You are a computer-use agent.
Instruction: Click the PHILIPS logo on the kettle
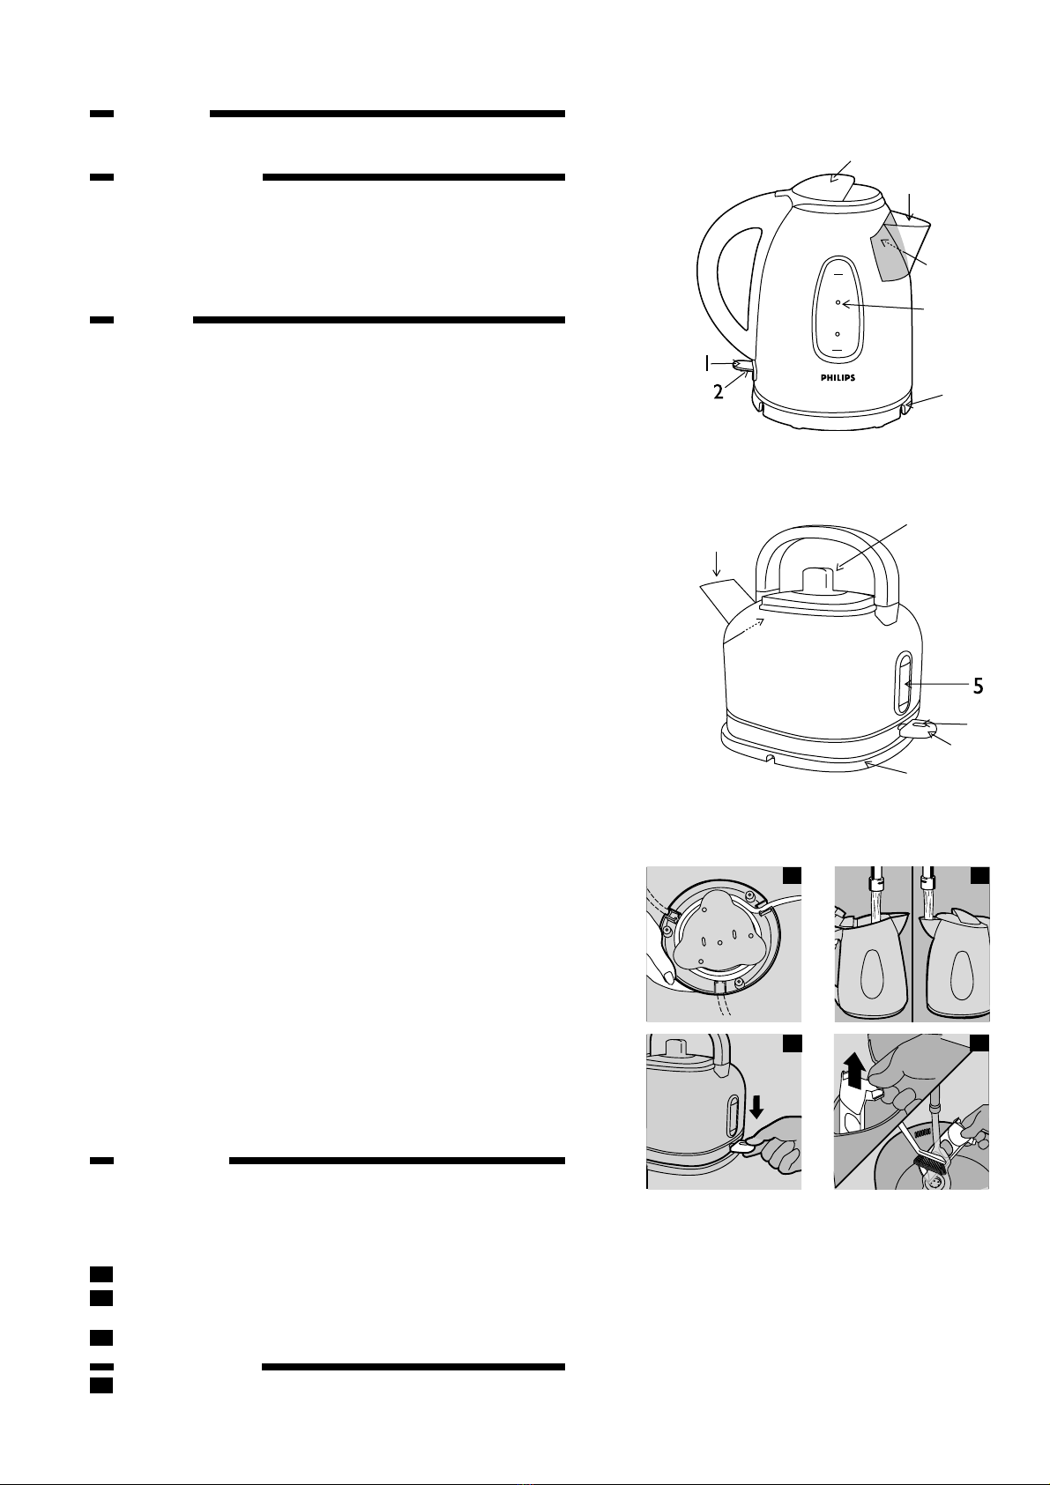click(x=838, y=378)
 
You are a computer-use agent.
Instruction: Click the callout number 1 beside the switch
click(x=708, y=362)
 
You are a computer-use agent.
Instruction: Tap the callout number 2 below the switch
click(x=719, y=392)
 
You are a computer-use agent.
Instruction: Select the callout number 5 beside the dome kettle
click(x=979, y=687)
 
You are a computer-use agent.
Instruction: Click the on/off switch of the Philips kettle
click(x=743, y=365)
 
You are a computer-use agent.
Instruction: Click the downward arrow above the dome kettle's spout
click(x=717, y=563)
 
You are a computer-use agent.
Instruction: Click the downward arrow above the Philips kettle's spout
click(x=909, y=206)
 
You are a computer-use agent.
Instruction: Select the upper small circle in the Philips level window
click(x=838, y=302)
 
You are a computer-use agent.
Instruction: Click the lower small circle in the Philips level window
click(x=838, y=334)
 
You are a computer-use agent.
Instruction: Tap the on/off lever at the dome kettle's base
click(x=919, y=729)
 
